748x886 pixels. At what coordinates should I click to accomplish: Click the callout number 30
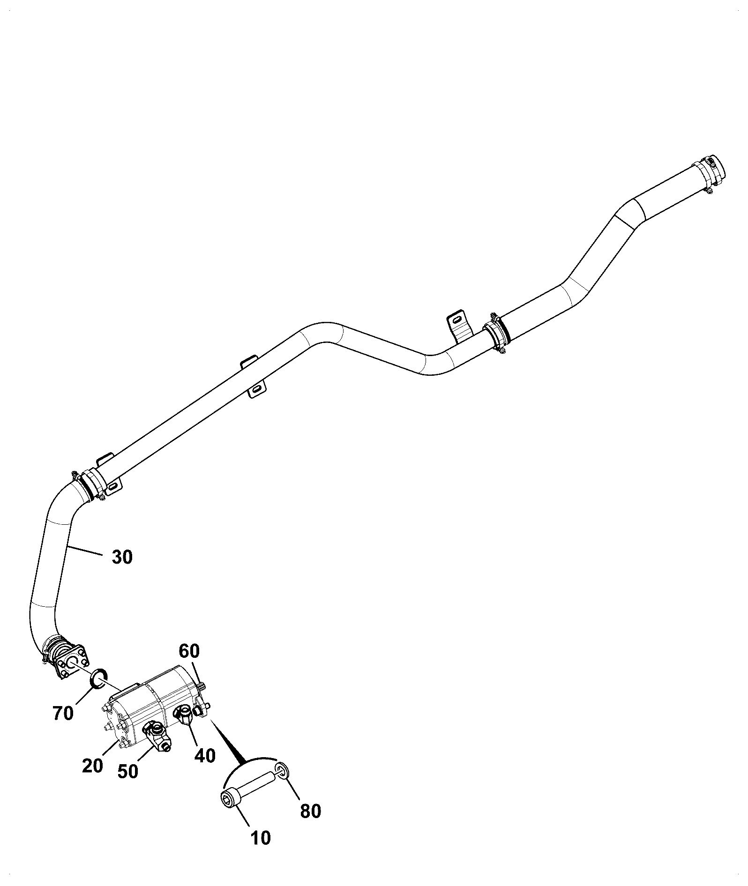coord(122,557)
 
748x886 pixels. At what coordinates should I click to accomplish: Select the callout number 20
coord(92,766)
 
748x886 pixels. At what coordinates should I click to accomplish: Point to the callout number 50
coord(128,772)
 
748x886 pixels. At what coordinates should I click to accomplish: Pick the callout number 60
coord(189,651)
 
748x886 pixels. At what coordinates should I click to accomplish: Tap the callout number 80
coord(310,811)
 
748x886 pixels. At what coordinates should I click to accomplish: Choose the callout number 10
coord(261,838)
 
